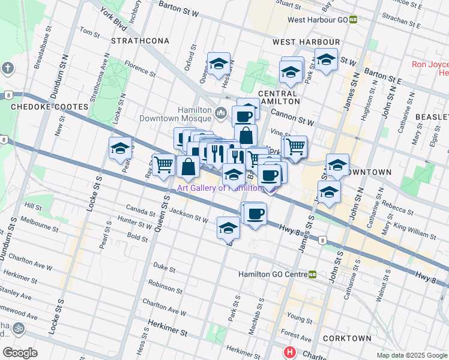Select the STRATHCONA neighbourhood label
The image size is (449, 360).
(140, 41)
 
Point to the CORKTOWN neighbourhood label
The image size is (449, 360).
(347, 338)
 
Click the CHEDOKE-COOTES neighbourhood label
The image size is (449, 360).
(50, 107)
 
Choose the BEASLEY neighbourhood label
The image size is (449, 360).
(433, 116)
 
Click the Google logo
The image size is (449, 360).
(20, 352)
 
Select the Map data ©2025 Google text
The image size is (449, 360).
(411, 355)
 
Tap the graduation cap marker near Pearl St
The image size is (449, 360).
(120, 148)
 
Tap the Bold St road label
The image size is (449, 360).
(137, 238)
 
